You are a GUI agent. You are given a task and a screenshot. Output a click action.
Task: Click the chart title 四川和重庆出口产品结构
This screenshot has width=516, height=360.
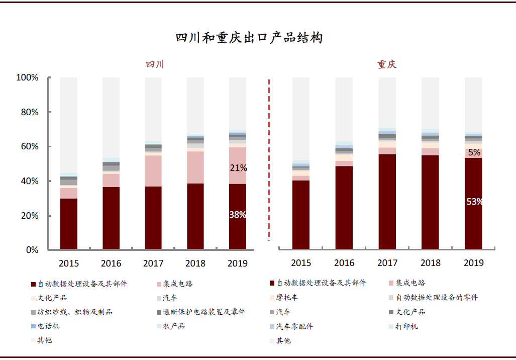point(249,38)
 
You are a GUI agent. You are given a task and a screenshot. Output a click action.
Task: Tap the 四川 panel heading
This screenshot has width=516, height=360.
point(155,64)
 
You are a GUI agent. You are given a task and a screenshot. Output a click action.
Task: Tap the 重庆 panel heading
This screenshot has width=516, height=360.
point(387,64)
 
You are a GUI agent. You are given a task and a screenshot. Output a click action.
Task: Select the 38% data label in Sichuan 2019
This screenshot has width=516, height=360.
point(238,215)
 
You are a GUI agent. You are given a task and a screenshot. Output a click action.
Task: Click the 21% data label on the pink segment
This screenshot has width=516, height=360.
point(238,168)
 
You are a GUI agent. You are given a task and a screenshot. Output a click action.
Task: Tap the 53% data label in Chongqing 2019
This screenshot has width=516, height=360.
point(474,202)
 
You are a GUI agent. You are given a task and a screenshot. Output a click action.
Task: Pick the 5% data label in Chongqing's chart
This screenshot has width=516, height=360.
point(474,152)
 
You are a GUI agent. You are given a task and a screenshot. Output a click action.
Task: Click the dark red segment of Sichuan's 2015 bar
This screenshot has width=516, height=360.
point(69,224)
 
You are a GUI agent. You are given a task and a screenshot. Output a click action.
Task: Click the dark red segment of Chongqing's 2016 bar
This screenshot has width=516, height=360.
point(344,207)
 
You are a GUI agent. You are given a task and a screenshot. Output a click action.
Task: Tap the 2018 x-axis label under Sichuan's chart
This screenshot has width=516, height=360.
point(195,263)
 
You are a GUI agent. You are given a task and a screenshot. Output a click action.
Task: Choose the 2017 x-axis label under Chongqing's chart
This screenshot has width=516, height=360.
point(387,263)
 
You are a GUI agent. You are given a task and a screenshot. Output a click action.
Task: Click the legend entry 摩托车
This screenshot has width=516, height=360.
point(287,298)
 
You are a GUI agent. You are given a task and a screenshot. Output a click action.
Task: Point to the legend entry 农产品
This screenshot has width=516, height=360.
point(173,326)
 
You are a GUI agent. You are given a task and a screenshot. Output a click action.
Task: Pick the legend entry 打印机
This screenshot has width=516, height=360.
point(406,326)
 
